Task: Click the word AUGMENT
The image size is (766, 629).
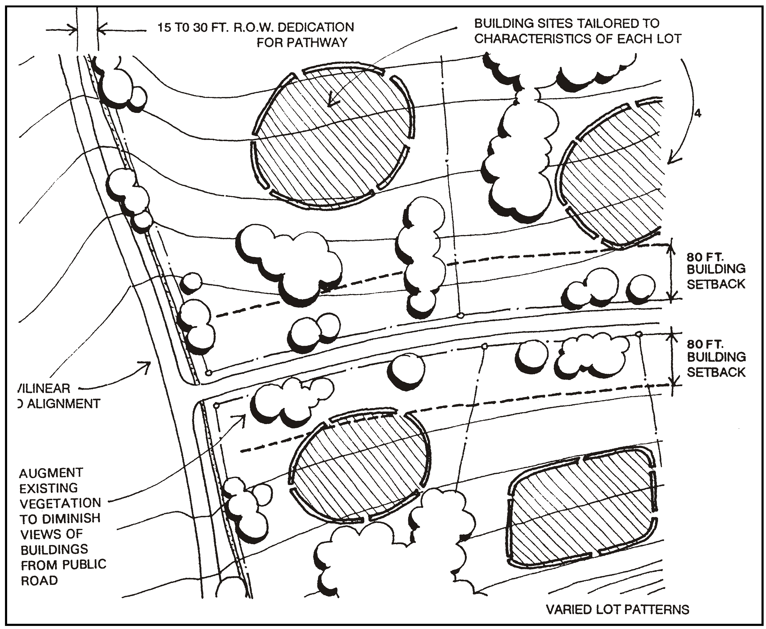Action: pyautogui.click(x=51, y=473)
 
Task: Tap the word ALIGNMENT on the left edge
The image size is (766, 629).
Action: pyautogui.click(x=63, y=404)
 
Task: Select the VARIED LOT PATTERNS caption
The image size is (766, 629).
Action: pyautogui.click(x=617, y=610)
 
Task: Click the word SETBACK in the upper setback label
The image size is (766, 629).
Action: pyautogui.click(x=716, y=284)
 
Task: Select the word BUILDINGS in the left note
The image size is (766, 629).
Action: pyautogui.click(x=54, y=549)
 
